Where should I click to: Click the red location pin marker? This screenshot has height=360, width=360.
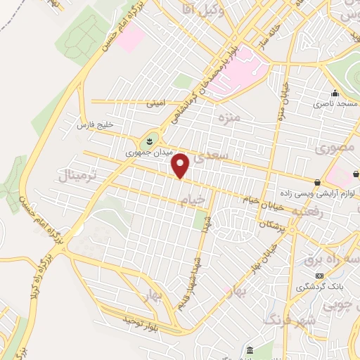[181, 165]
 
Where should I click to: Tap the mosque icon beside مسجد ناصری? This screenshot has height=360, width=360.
[335, 94]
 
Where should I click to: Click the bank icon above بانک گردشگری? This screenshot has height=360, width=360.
[320, 275]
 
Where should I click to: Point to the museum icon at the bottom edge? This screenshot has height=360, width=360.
[250, 350]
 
